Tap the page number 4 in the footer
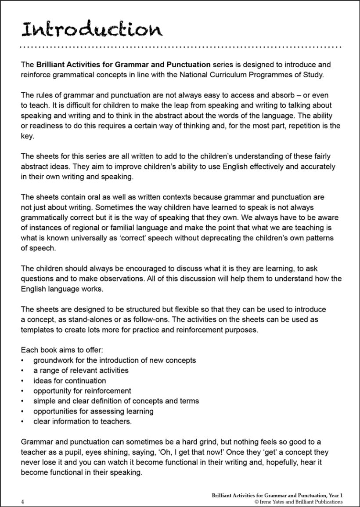point(22,501)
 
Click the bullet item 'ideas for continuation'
point(69,380)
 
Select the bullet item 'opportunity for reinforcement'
point(82,391)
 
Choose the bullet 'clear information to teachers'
point(82,421)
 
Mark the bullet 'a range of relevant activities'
point(81,370)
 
